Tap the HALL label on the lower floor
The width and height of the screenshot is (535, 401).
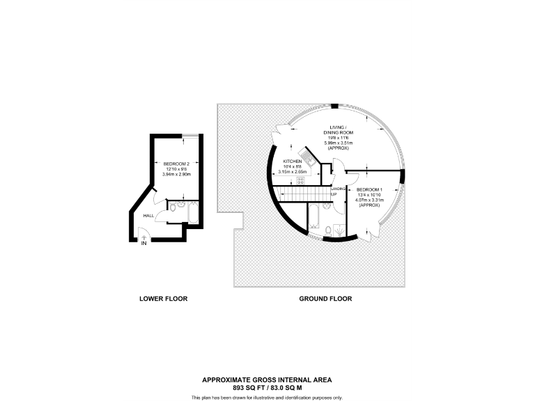pyautogui.click(x=148, y=216)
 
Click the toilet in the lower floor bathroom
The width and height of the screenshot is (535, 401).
pyautogui.click(x=171, y=207)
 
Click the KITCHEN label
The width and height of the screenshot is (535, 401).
pyautogui.click(x=292, y=161)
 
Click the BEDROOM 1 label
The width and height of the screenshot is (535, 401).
pyautogui.click(x=369, y=190)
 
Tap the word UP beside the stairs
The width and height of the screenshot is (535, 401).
pyautogui.click(x=334, y=194)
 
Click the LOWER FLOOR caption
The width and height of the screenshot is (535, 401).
pyautogui.click(x=164, y=299)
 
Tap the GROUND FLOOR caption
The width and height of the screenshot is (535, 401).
pyautogui.click(x=325, y=299)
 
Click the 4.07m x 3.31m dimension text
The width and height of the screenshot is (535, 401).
pyautogui.click(x=369, y=200)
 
